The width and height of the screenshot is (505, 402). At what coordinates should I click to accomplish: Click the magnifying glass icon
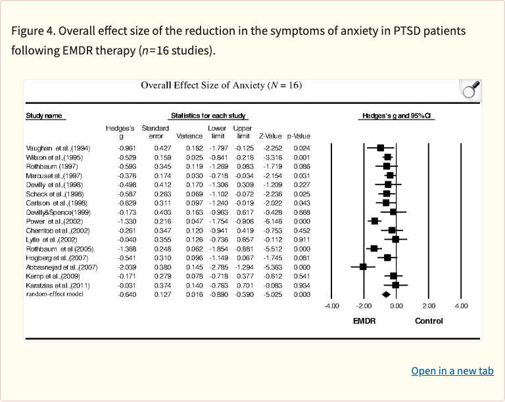(x=471, y=91)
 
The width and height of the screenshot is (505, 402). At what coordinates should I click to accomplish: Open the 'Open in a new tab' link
(x=452, y=371)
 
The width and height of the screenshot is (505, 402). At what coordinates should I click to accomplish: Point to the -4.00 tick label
(x=331, y=305)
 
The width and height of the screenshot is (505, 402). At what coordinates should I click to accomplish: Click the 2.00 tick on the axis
(x=429, y=305)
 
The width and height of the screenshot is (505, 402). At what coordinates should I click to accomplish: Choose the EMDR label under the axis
(x=364, y=321)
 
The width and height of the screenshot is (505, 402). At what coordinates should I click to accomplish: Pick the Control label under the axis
(x=429, y=321)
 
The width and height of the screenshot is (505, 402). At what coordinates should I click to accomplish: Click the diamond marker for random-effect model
(x=386, y=295)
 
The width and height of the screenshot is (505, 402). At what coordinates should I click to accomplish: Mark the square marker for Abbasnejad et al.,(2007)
(x=363, y=267)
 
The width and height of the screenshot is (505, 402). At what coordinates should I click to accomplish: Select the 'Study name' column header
(x=44, y=116)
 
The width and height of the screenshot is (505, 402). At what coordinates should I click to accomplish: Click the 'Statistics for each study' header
(x=207, y=116)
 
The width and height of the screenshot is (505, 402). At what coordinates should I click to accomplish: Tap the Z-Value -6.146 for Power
(x=271, y=221)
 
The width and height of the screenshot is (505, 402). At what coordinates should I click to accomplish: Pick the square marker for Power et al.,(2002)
(x=375, y=221)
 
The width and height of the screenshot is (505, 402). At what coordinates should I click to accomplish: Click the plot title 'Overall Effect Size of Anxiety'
(x=221, y=85)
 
